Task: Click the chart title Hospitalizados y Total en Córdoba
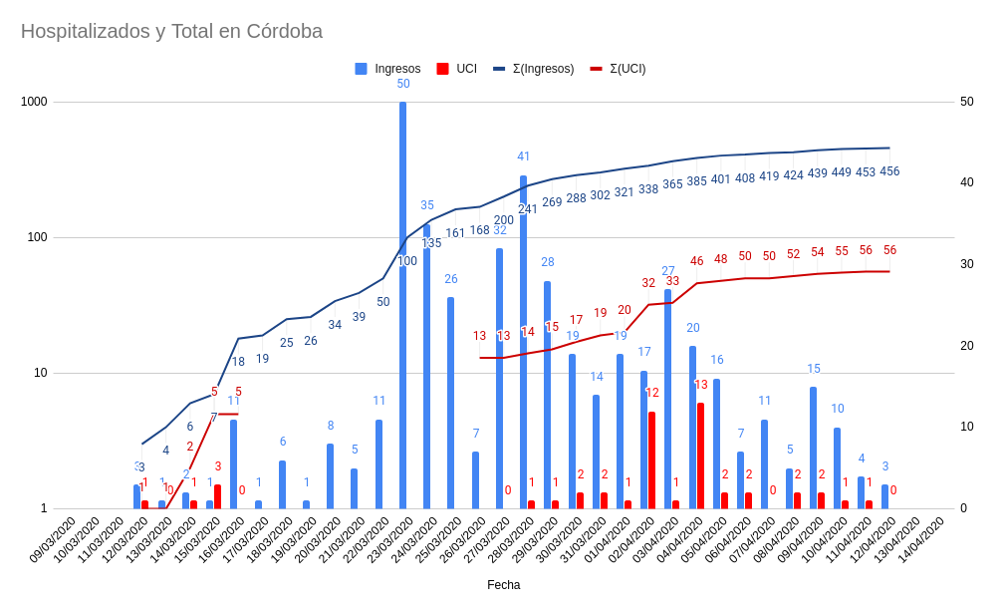point(171,31)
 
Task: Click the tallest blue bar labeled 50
point(402,299)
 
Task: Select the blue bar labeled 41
point(523,339)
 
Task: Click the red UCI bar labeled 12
point(651,458)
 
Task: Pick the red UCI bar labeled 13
point(700,455)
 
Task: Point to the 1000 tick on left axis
point(34,102)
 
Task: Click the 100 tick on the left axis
point(37,237)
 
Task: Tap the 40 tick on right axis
point(966,183)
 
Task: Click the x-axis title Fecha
point(503,585)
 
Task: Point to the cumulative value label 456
point(889,171)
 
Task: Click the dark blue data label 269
point(552,202)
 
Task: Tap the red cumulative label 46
point(696,261)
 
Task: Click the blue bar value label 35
point(426,205)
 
